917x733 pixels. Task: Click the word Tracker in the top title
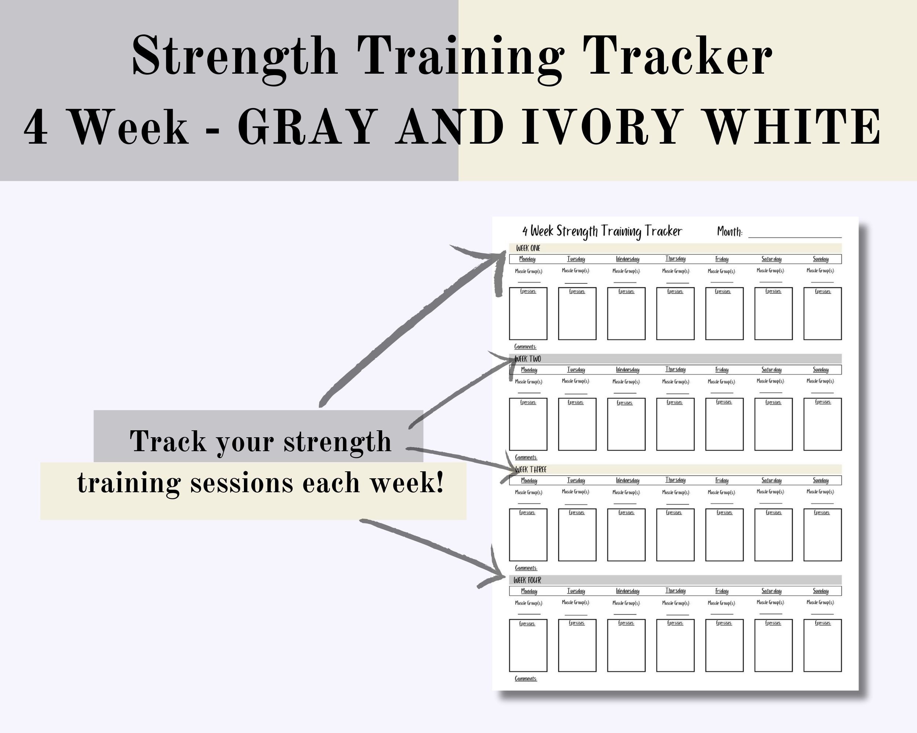tap(677, 56)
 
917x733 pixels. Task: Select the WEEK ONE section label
tap(528, 248)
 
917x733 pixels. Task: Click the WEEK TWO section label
tap(528, 359)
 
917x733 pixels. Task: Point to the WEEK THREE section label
tap(530, 469)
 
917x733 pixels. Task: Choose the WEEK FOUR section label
tap(527, 580)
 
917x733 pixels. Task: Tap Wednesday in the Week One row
tap(627, 259)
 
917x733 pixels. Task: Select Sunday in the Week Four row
tap(821, 591)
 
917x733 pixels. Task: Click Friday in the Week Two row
tap(722, 370)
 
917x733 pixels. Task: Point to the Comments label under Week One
tap(525, 347)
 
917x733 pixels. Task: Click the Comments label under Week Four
tap(526, 679)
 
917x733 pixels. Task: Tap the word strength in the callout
tap(337, 442)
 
